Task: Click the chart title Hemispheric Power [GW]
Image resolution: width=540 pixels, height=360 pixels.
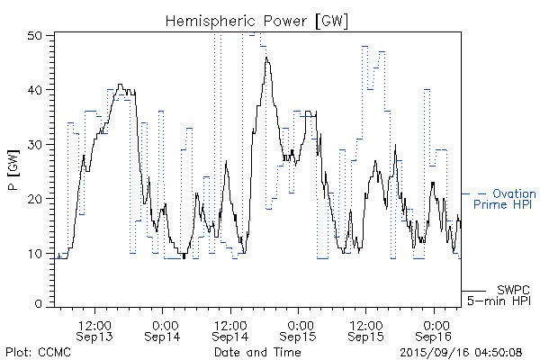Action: click(257, 21)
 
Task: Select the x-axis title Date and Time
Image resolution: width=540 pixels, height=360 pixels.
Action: click(257, 352)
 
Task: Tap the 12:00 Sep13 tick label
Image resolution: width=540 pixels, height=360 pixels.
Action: click(94, 329)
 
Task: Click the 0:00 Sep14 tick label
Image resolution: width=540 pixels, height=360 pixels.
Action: click(163, 329)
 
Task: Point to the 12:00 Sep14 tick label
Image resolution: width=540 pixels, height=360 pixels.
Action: click(230, 329)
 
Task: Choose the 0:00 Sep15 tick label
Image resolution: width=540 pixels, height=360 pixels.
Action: click(299, 329)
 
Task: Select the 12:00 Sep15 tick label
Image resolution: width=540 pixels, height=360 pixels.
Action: click(366, 329)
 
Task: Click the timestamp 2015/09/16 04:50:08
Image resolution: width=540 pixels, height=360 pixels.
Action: click(462, 352)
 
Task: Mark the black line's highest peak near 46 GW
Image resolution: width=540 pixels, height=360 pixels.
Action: click(266, 58)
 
